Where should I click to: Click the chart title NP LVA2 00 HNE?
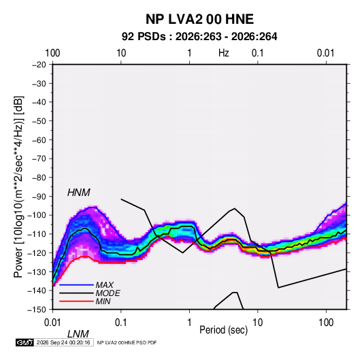tap(199, 19)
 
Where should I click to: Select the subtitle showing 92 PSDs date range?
tap(199, 37)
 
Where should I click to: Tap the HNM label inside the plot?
tap(79, 193)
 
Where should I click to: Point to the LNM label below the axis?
tap(78, 334)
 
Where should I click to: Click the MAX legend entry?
tap(105, 285)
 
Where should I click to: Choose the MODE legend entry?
tap(107, 293)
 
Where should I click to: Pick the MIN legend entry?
tap(103, 301)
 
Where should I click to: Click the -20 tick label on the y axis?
tap(39, 65)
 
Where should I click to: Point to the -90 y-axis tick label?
tap(39, 196)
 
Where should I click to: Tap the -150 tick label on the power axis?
tap(37, 310)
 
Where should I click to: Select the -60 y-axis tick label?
tap(39, 140)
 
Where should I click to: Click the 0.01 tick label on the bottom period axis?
tap(53, 323)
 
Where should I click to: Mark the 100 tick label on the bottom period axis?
tap(326, 323)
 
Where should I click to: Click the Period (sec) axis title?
tap(224, 330)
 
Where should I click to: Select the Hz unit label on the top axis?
tap(224, 53)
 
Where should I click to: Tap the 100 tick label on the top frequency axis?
tap(52, 53)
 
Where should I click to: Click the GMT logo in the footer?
tap(24, 342)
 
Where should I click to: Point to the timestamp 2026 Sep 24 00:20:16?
tap(63, 342)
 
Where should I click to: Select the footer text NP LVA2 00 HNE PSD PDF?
tap(127, 342)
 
